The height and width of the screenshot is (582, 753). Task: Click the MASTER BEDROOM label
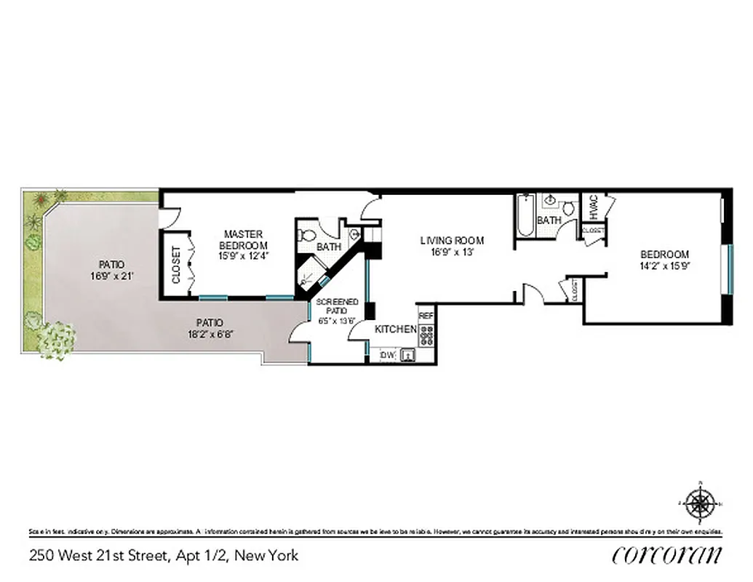tap(243, 239)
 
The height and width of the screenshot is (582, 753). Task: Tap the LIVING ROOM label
tap(452, 241)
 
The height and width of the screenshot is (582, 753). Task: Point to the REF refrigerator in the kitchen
tap(426, 316)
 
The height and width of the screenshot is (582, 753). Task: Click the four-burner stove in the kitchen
tap(427, 334)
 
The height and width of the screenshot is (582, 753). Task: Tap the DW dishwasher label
tap(387, 355)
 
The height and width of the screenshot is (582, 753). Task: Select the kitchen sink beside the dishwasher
tap(409, 355)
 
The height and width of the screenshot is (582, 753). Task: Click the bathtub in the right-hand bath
tap(525, 215)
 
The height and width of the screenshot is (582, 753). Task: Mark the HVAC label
tap(593, 207)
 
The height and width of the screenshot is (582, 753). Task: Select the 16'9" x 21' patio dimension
tap(107, 276)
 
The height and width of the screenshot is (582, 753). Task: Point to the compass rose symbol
tap(700, 503)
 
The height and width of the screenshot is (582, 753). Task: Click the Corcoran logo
tap(667, 554)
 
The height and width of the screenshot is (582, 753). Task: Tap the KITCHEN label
tap(396, 330)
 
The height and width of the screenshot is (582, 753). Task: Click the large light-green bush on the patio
tap(56, 339)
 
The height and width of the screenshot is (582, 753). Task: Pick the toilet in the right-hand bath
tap(567, 208)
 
